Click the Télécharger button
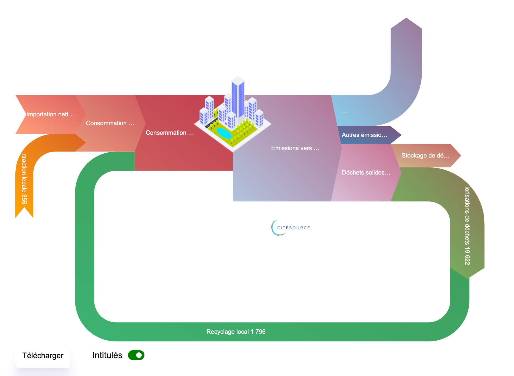coord(43,356)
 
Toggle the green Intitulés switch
coord(136,355)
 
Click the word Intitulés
coord(107,355)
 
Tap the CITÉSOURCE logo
coord(290,228)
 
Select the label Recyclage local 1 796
coord(236,332)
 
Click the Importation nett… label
coord(50,114)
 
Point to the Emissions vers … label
coord(295,148)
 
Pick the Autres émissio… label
coord(364,135)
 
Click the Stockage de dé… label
coord(425,156)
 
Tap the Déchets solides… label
coord(366,173)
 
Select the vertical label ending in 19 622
coord(467,226)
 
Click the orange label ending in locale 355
coord(24,179)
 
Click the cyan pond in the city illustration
coord(224,133)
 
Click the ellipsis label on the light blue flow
coord(345,111)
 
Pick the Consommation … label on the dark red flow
coord(170,133)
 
